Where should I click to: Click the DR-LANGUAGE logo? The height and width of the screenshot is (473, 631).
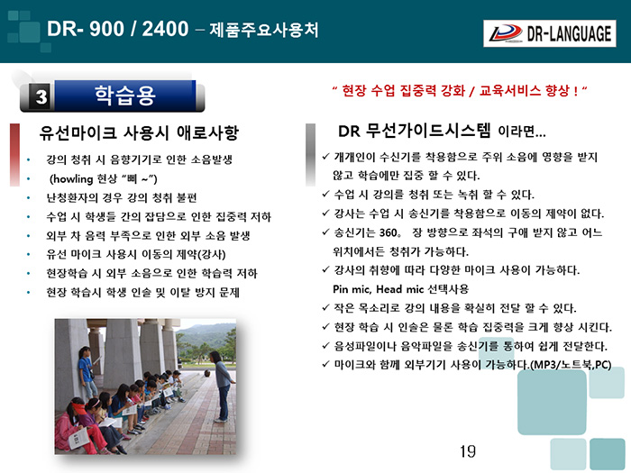tap(549, 33)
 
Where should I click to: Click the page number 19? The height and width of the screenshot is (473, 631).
tap(468, 451)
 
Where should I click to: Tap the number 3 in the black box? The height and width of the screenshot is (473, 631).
tap(41, 96)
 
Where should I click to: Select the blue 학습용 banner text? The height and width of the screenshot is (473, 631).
tap(124, 96)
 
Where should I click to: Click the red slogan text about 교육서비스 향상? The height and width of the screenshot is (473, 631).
tap(460, 90)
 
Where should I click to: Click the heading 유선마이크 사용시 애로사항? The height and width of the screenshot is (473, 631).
tap(139, 132)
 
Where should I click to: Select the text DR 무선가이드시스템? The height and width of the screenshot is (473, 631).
tap(414, 131)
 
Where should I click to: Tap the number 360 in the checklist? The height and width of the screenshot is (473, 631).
tap(388, 232)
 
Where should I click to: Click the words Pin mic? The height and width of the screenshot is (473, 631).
tap(346, 289)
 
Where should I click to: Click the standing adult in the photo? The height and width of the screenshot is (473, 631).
tap(221, 387)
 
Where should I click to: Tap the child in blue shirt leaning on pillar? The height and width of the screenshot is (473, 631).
tap(87, 372)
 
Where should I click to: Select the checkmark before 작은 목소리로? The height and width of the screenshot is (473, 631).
tap(326, 308)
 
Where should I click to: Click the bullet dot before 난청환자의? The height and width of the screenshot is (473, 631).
tap(28, 198)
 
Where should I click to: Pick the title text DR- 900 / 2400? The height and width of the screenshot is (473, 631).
tap(117, 29)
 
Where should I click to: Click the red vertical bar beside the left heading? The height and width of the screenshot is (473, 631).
tap(14, 155)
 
